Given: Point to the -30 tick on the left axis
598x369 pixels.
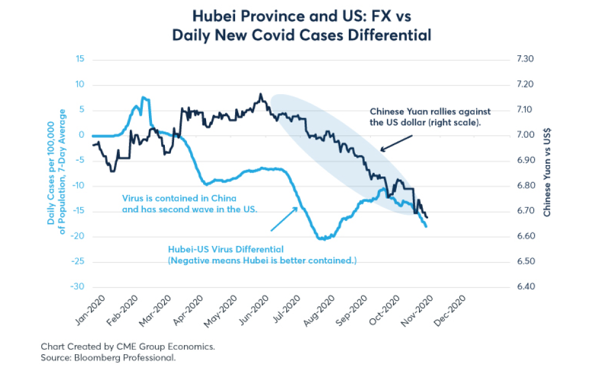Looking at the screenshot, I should tap(76, 287).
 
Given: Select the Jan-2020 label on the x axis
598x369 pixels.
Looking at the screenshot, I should tap(93, 309).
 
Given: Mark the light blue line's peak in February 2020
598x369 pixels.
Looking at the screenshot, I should tap(143, 97).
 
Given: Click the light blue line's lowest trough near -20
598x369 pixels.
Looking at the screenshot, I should tap(323, 239).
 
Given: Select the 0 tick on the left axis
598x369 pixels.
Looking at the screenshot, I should tap(81, 135).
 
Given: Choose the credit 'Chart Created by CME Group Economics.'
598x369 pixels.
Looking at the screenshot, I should tap(127, 346).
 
